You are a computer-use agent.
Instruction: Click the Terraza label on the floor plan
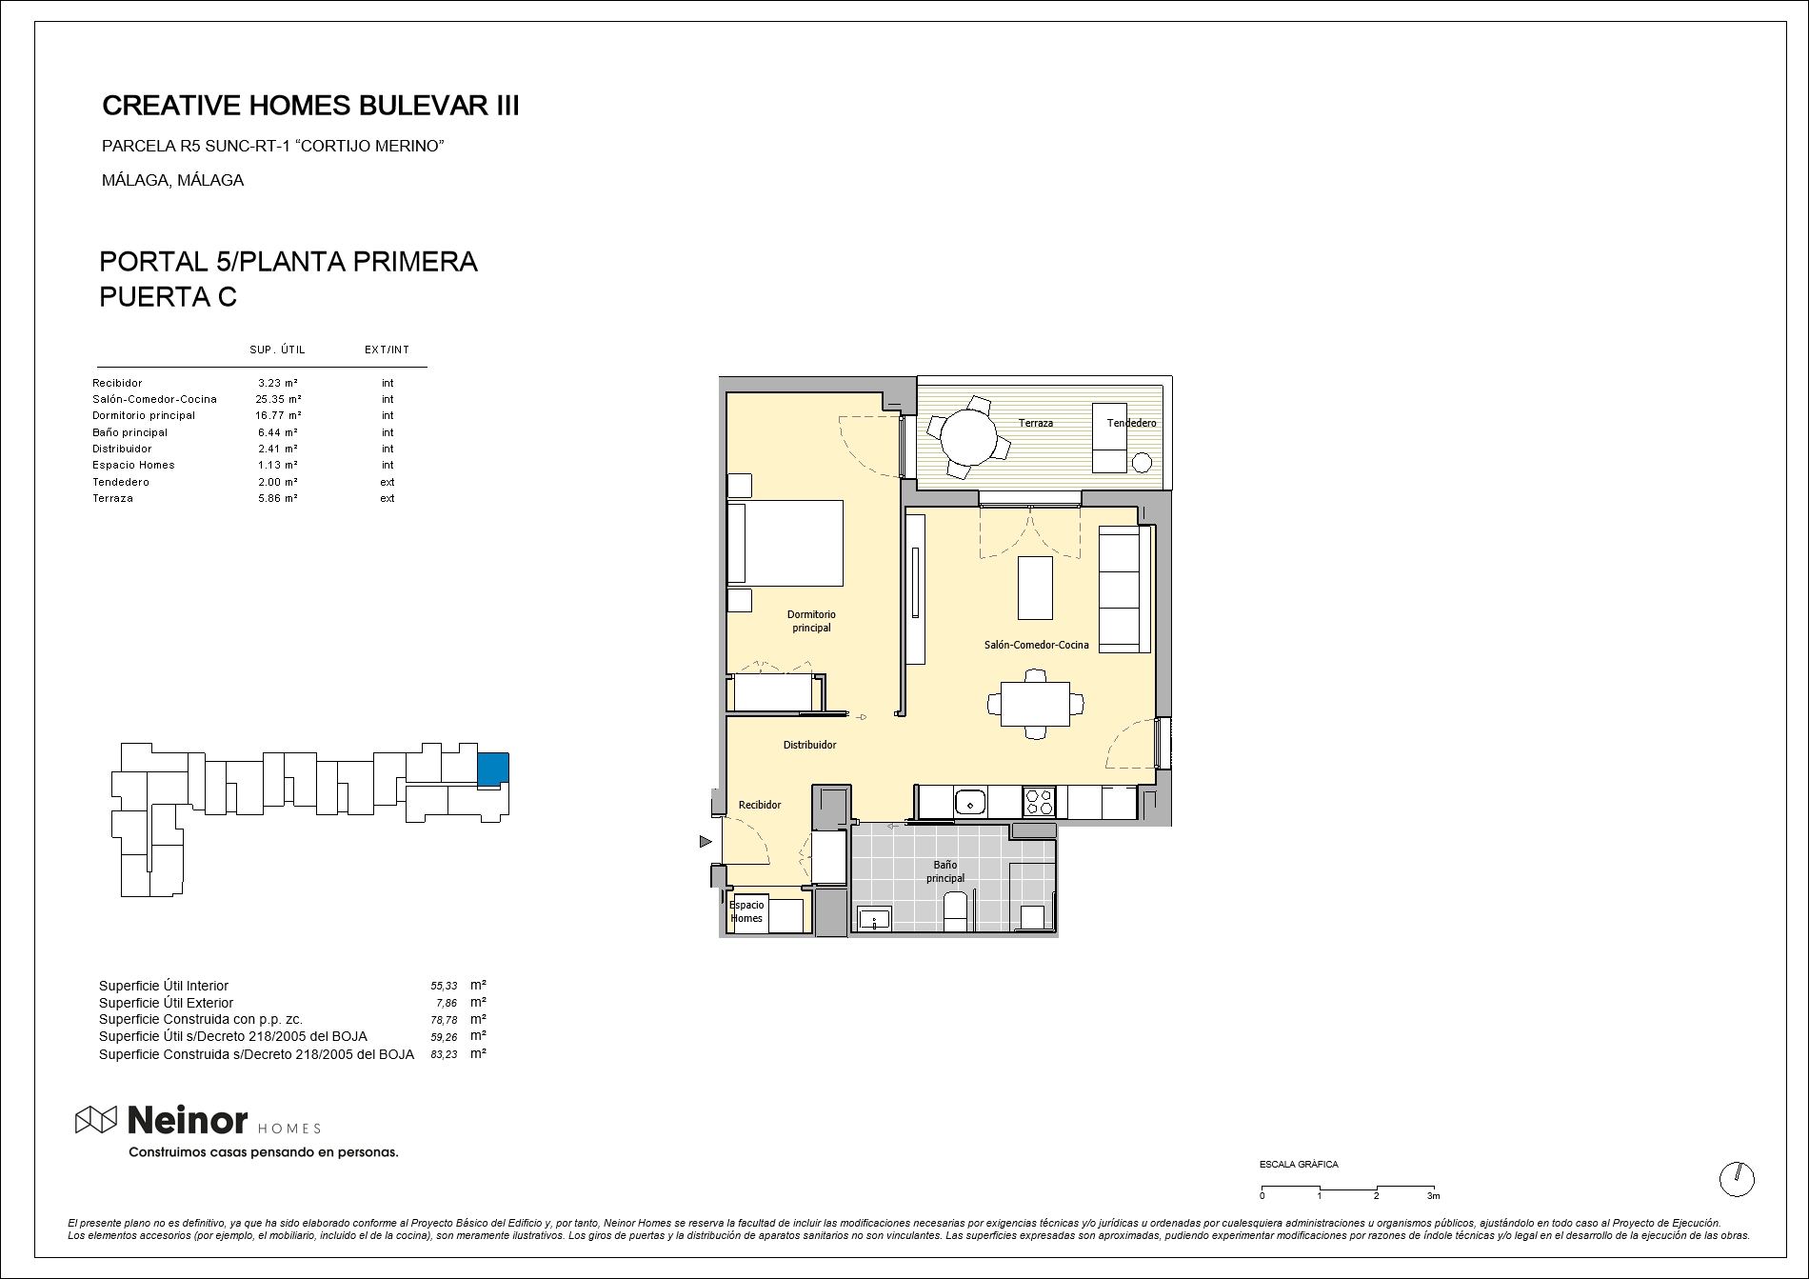[1036, 423]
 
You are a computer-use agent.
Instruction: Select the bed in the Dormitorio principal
[785, 543]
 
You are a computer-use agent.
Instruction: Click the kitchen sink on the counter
[970, 803]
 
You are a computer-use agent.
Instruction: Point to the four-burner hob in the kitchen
[1039, 802]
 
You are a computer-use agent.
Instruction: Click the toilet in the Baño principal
[955, 911]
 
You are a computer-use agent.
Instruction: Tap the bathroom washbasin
[874, 920]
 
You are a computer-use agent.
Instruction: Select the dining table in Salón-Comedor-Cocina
[1035, 705]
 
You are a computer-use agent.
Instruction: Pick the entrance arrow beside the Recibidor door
[706, 841]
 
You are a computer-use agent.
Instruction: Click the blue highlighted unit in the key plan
[493, 769]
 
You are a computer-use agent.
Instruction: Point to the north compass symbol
[1737, 1179]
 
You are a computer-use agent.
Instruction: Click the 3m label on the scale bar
[1433, 1196]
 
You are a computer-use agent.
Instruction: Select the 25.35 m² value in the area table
[278, 399]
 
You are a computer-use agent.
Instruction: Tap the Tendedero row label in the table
[121, 482]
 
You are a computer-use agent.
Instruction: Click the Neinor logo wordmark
[188, 1121]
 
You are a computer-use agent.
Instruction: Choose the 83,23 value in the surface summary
[444, 1054]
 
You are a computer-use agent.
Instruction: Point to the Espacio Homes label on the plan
[746, 911]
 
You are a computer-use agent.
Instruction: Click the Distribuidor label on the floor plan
[809, 745]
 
